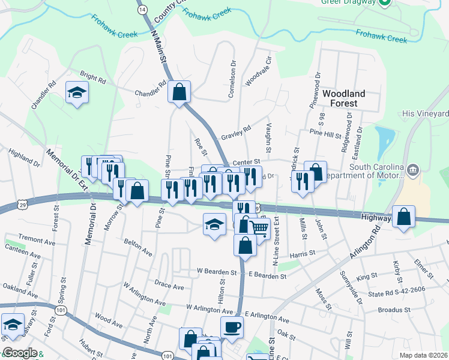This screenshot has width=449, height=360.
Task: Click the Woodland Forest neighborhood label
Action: pyautogui.click(x=348, y=98)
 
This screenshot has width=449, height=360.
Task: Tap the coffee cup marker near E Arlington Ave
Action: pyautogui.click(x=232, y=327)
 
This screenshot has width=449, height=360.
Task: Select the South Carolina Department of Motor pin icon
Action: pyautogui.click(x=412, y=170)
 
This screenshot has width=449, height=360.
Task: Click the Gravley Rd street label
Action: pyautogui.click(x=235, y=133)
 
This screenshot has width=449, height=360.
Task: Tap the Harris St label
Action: pyautogui.click(x=302, y=254)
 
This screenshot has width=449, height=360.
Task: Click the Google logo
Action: pyautogui.click(x=20, y=353)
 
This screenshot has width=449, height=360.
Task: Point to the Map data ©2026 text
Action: pyautogui.click(x=423, y=355)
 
